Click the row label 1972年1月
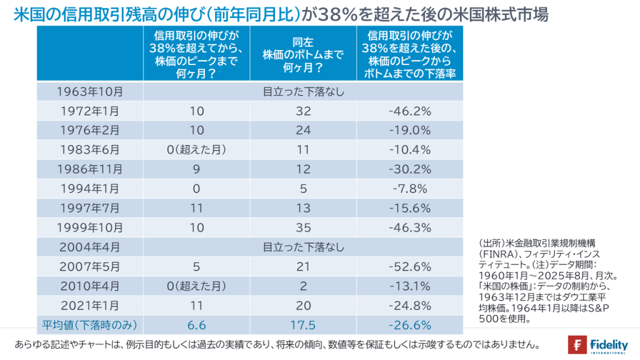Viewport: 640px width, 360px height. coord(90,112)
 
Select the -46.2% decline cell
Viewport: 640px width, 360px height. coord(409,112)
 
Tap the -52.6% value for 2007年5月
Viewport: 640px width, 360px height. coord(409,267)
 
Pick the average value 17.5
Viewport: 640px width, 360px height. coord(303,325)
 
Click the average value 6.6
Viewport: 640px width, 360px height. coord(196,325)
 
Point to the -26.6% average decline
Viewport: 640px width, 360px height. coord(409,325)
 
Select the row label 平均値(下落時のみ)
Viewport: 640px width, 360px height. coord(90,325)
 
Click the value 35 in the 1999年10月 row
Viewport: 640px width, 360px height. coord(303,228)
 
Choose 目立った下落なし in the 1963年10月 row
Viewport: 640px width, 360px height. coord(303,92)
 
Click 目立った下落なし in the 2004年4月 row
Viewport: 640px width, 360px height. coord(303,247)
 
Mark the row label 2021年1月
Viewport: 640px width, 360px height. coord(90,306)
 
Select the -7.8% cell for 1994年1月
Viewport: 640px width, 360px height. coord(409,189)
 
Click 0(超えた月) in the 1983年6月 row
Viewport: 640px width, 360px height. coord(196,151)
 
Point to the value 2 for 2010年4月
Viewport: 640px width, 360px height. coord(303,286)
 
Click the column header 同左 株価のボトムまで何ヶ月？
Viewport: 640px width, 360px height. coord(303,54)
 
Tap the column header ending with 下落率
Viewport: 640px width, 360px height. coord(409,54)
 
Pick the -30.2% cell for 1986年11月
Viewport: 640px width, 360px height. coord(409,170)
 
